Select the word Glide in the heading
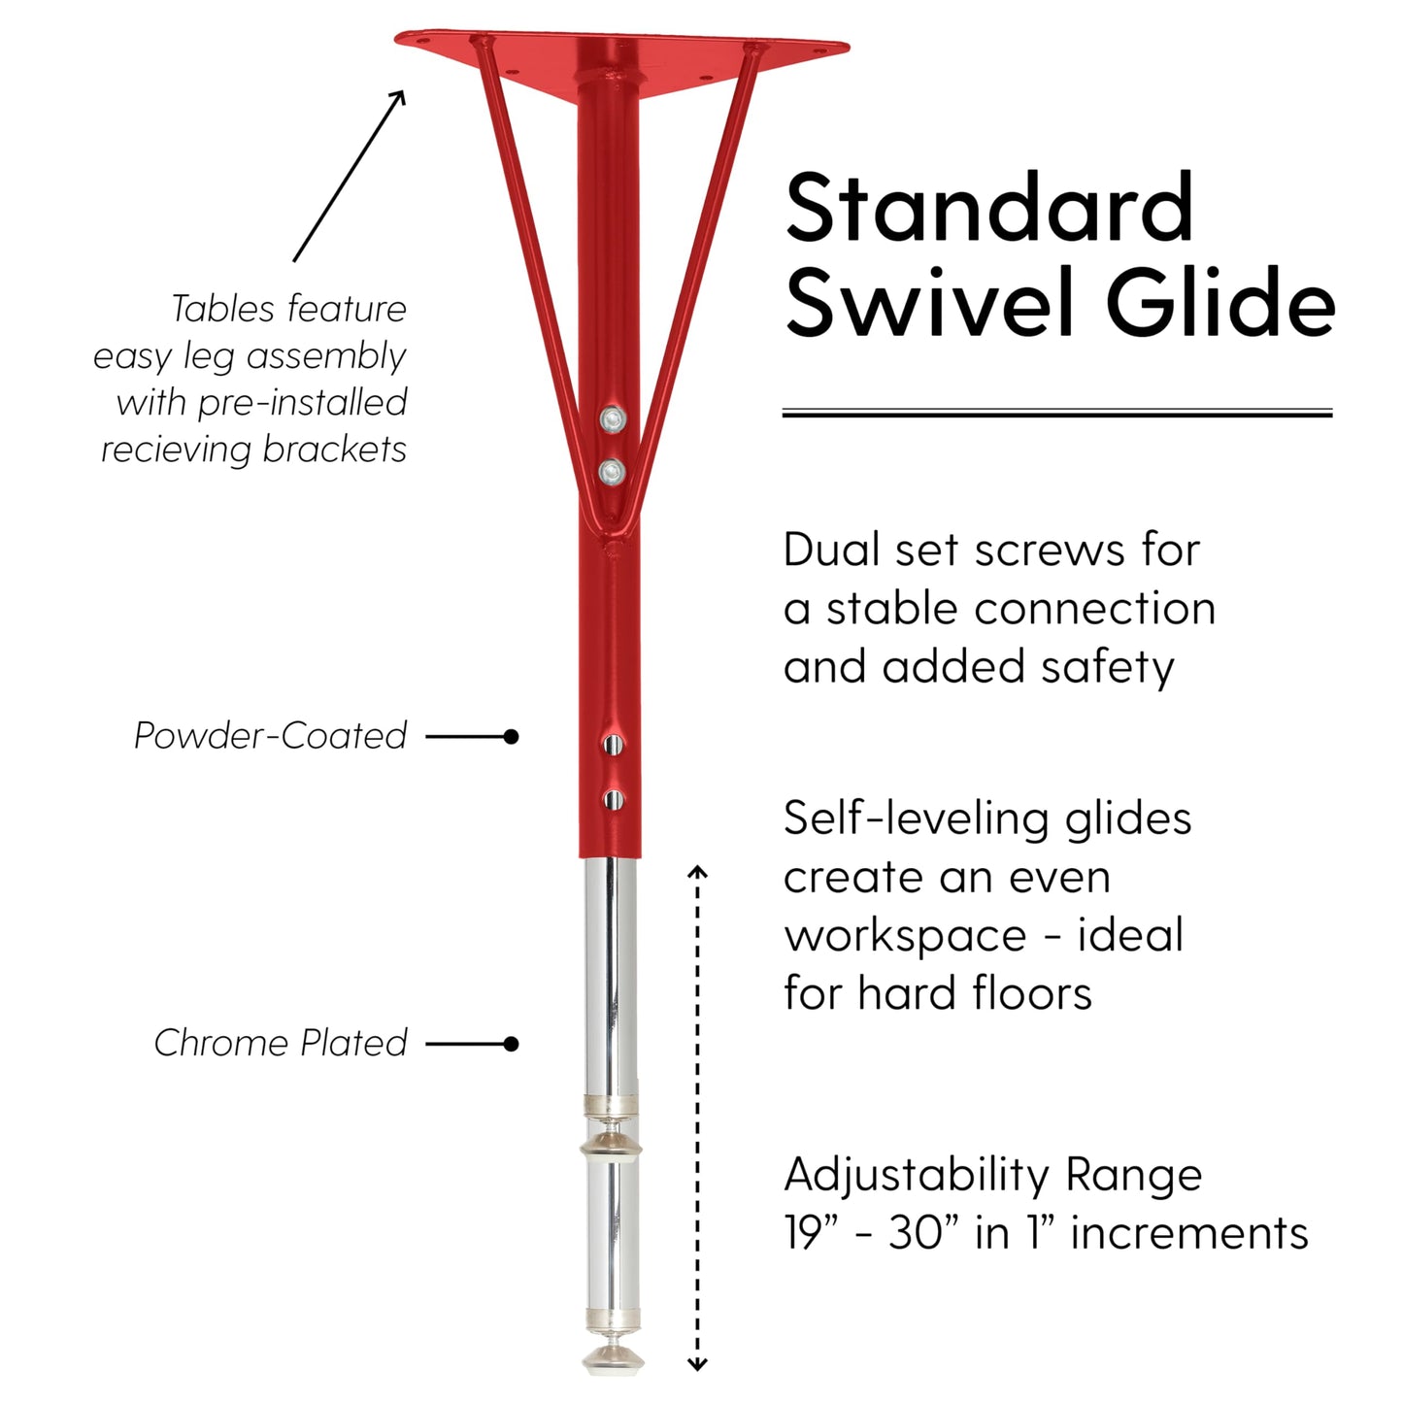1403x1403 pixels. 1220,301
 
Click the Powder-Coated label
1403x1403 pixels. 270,735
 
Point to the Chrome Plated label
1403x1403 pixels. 281,1043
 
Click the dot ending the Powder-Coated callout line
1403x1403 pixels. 511,737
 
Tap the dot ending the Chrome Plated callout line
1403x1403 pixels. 511,1044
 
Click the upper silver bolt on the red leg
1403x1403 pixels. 613,418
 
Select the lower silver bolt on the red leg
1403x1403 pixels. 613,472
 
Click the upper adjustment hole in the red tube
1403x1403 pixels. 613,744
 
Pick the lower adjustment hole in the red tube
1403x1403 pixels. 613,799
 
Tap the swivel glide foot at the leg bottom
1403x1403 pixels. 613,1358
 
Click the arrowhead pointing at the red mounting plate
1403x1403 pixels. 397,97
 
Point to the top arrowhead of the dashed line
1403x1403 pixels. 697,871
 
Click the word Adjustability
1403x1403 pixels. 916,1177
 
